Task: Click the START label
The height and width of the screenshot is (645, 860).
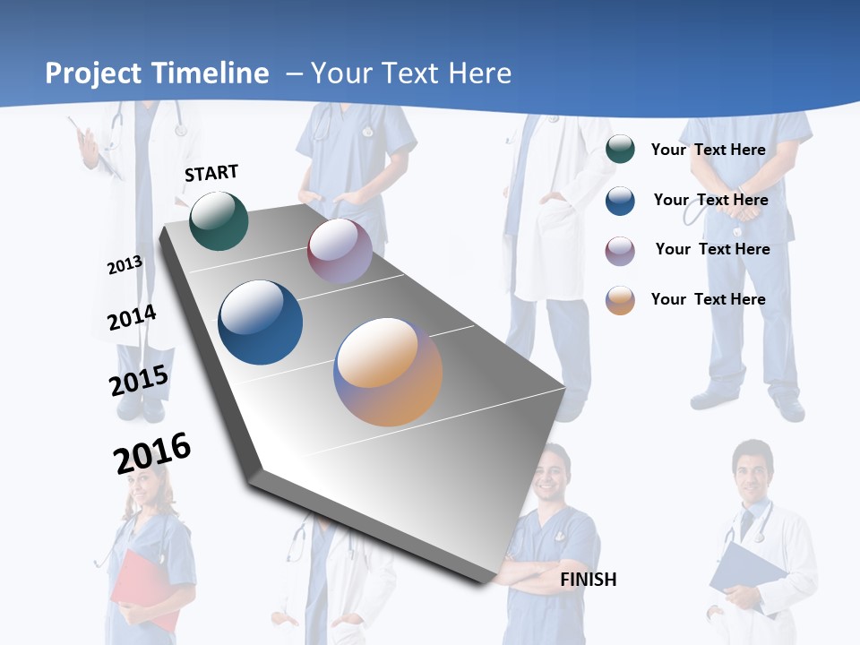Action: pyautogui.click(x=211, y=173)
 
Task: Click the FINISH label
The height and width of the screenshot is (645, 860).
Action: pyautogui.click(x=588, y=580)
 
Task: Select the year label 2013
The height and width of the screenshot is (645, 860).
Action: pyautogui.click(x=125, y=265)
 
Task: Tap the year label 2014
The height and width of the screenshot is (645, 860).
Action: pyautogui.click(x=132, y=318)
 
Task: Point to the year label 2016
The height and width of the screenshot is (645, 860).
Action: pyautogui.click(x=152, y=453)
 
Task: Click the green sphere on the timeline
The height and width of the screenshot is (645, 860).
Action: pyautogui.click(x=219, y=220)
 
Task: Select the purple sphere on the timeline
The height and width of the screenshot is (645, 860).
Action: pyautogui.click(x=340, y=251)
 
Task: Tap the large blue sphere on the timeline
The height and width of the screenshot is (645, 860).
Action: pyautogui.click(x=261, y=322)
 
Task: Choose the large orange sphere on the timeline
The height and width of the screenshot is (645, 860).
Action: pyautogui.click(x=388, y=372)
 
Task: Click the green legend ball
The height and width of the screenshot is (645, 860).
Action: pyautogui.click(x=620, y=150)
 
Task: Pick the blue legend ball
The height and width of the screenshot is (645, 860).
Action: pyautogui.click(x=620, y=201)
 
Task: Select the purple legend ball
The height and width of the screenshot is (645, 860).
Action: pyautogui.click(x=620, y=251)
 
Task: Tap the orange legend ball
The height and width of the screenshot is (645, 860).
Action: pyautogui.click(x=620, y=300)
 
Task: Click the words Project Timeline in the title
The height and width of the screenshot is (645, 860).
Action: pyautogui.click(x=157, y=73)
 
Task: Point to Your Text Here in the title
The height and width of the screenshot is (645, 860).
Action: pyautogui.click(x=410, y=73)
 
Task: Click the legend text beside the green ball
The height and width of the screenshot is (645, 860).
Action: pyautogui.click(x=708, y=150)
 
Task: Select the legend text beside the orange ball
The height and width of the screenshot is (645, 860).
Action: pyautogui.click(x=708, y=299)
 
